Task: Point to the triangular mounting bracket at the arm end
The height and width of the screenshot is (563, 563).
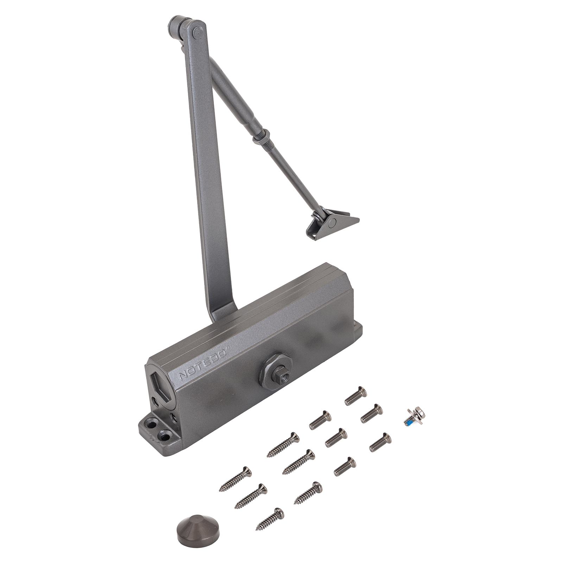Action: [x=333, y=224]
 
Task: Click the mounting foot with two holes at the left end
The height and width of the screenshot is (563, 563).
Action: [x=159, y=431]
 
